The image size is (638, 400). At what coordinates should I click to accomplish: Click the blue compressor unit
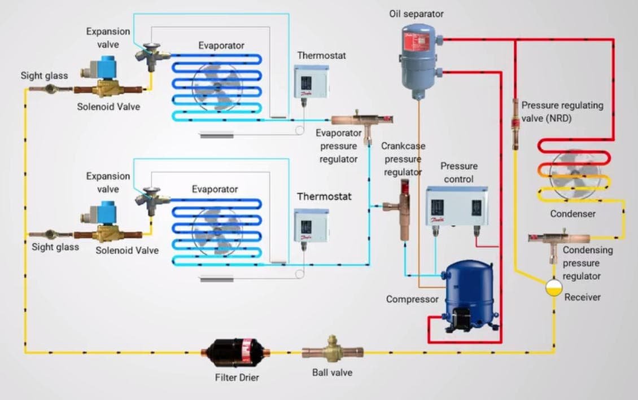(469, 296)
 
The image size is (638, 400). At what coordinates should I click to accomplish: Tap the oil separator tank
(418, 59)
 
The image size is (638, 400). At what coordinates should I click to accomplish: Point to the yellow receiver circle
(554, 288)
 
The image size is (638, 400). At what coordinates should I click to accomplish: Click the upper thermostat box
(311, 82)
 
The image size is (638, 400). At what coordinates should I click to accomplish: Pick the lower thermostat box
(311, 226)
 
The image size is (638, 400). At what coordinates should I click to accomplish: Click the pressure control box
(457, 206)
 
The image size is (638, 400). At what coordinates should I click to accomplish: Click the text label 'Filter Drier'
(237, 377)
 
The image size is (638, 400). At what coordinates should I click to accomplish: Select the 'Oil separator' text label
(417, 14)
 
